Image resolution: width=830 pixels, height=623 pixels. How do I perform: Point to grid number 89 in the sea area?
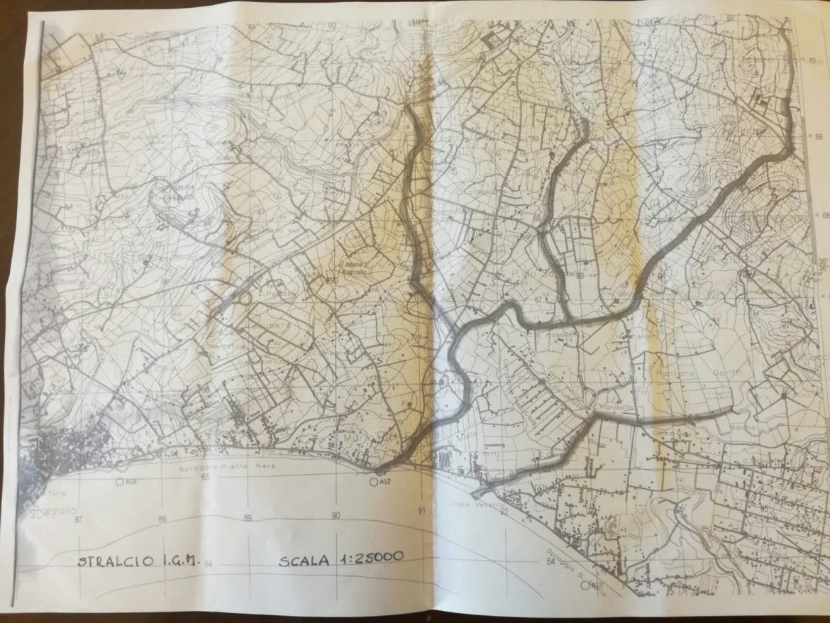248,517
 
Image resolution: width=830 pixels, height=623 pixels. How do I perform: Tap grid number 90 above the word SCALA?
335,515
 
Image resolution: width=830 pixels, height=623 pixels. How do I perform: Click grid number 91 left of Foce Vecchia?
423,510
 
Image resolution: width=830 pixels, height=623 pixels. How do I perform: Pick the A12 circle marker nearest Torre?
118,481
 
